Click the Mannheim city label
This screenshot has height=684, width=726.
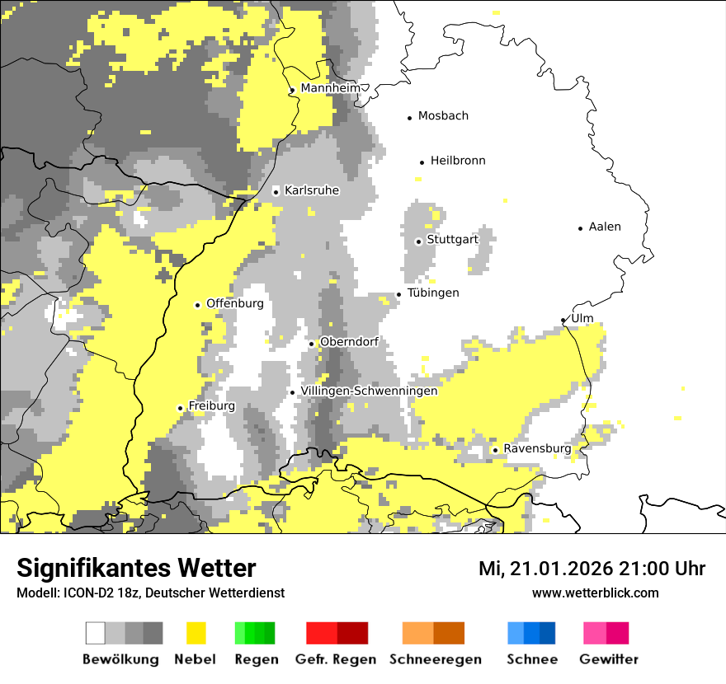pos(330,88)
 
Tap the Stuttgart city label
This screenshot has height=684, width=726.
pos(453,240)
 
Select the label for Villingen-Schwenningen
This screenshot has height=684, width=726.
pos(369,391)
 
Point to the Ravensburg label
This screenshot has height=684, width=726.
pos(537,448)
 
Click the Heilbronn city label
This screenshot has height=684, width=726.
pos(458,161)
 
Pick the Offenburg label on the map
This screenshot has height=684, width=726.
pos(235,303)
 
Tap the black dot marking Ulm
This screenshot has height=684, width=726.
pos(563,320)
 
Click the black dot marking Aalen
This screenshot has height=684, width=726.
pos(581,228)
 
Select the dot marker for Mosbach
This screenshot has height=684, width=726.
pos(410,118)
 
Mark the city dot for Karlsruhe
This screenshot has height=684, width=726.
pos(276,192)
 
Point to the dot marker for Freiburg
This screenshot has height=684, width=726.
pos(180,408)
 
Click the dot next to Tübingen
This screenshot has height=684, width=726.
pos(399,294)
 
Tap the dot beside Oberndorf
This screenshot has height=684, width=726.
pos(311,344)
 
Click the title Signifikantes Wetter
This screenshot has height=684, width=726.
pos(136,569)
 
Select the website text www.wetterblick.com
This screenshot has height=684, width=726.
pos(595,593)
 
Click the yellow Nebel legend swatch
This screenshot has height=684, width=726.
pos(196,633)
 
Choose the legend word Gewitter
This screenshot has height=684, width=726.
pos(608,659)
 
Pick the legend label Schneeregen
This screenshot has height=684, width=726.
pos(435,659)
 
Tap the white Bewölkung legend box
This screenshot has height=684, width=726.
pos(96,633)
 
